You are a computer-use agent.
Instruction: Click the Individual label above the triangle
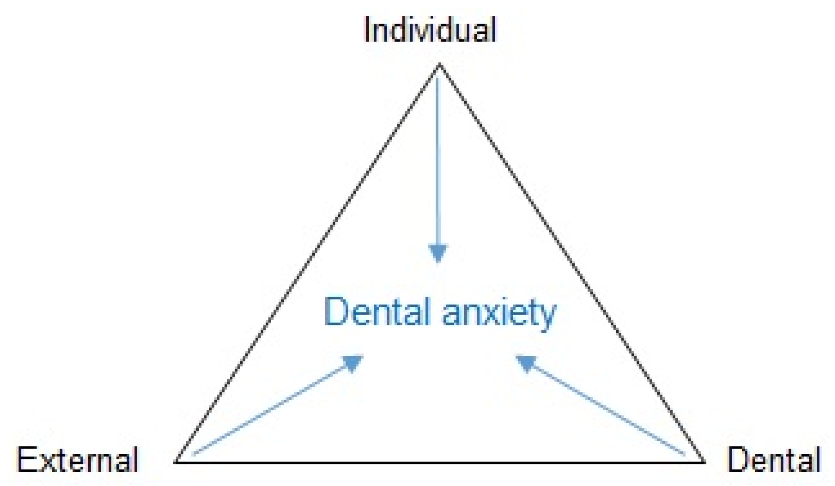[x=430, y=30]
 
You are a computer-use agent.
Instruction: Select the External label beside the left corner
[x=77, y=460]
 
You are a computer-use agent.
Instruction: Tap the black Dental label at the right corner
[x=774, y=460]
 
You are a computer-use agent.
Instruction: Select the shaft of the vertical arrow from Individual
[x=438, y=161]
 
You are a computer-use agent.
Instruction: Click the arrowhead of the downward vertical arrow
[x=438, y=253]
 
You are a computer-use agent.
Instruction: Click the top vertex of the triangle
[x=439, y=64]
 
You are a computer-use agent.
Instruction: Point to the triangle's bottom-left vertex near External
[x=176, y=461]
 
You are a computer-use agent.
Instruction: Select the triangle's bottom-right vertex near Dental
[x=704, y=461]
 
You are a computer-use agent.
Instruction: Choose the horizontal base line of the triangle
[x=439, y=462]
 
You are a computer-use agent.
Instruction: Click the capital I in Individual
[x=367, y=30]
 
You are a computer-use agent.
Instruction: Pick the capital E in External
[x=25, y=460]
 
